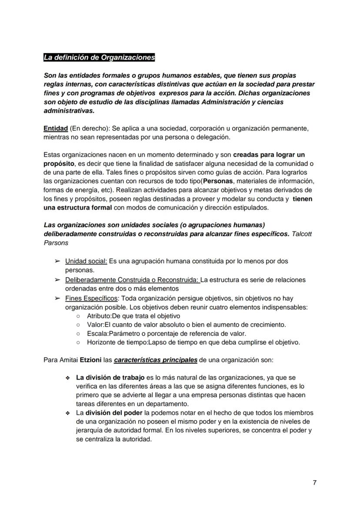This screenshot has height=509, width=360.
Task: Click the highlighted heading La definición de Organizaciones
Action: pyautogui.click(x=99, y=57)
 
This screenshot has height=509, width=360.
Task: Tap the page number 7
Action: pyautogui.click(x=314, y=482)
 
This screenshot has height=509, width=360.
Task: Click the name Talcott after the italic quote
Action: pyautogui.click(x=302, y=234)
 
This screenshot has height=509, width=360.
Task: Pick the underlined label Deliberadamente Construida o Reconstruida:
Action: pyautogui.click(x=132, y=279)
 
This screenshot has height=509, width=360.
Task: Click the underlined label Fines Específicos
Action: pyautogui.click(x=91, y=298)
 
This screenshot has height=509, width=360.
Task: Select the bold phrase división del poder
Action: pyautogui.click(x=114, y=412)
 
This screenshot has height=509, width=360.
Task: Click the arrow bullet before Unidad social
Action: pyautogui.click(x=57, y=261)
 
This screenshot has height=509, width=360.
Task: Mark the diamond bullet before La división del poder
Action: pyautogui.click(x=67, y=413)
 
